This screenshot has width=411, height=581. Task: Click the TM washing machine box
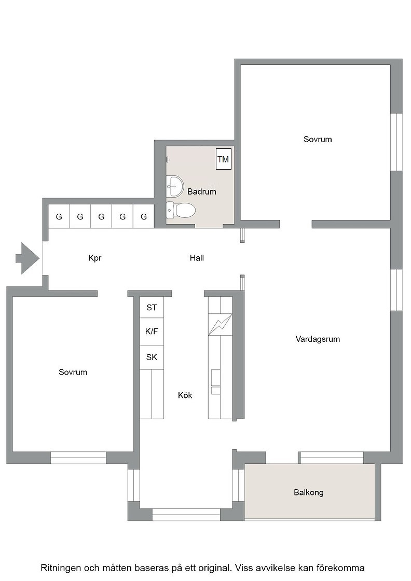(x=224, y=159)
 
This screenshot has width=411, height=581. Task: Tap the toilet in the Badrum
(x=181, y=211)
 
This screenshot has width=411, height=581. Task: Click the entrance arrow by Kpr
(x=28, y=258)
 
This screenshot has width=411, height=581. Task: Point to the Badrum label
(x=202, y=191)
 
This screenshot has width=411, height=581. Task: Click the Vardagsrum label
(x=318, y=339)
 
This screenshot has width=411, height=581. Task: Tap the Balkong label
(x=309, y=492)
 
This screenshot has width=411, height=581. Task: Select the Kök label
(x=185, y=395)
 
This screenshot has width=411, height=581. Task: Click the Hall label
(x=197, y=258)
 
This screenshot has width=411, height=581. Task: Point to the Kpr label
(x=95, y=258)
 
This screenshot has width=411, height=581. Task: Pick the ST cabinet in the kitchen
(x=152, y=307)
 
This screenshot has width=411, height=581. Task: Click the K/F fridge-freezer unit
(x=152, y=331)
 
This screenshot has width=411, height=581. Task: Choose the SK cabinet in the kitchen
(x=152, y=357)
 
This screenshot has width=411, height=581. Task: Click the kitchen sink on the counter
(x=215, y=382)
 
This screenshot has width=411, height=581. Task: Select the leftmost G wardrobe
(x=59, y=216)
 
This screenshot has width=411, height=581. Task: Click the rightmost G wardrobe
(x=144, y=216)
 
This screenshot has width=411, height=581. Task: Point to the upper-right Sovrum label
(x=318, y=140)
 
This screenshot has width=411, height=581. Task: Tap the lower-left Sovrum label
(x=73, y=372)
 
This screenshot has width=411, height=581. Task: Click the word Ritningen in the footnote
(x=60, y=568)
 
